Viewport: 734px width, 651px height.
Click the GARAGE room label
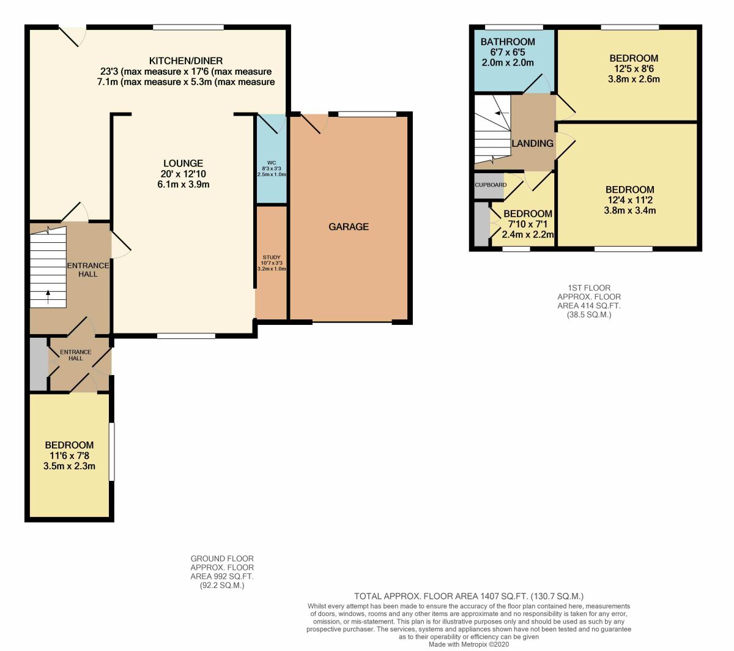(x=349, y=227)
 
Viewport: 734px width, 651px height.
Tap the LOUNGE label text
(x=183, y=163)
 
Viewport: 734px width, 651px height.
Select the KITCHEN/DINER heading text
(x=186, y=61)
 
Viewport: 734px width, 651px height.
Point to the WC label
(x=272, y=163)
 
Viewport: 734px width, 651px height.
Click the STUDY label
(x=272, y=258)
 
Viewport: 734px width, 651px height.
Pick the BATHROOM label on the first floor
(x=508, y=42)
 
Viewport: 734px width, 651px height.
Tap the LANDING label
(x=532, y=144)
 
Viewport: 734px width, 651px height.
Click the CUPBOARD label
(x=491, y=185)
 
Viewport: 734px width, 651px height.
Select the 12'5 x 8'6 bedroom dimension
(x=634, y=69)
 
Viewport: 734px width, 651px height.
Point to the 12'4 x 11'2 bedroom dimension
(x=629, y=200)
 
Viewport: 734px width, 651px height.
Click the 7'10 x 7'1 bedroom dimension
(x=527, y=225)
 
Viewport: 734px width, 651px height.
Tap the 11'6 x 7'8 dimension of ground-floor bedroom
(x=69, y=456)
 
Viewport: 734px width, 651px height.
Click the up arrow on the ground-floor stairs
(x=48, y=297)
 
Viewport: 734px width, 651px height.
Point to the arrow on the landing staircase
(x=502, y=113)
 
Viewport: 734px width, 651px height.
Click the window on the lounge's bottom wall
(x=186, y=336)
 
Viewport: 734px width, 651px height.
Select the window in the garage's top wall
(x=368, y=114)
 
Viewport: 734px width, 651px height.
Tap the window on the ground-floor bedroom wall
(x=112, y=452)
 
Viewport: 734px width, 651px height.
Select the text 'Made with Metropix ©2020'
(x=469, y=644)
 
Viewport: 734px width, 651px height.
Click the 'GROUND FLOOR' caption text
(x=222, y=559)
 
